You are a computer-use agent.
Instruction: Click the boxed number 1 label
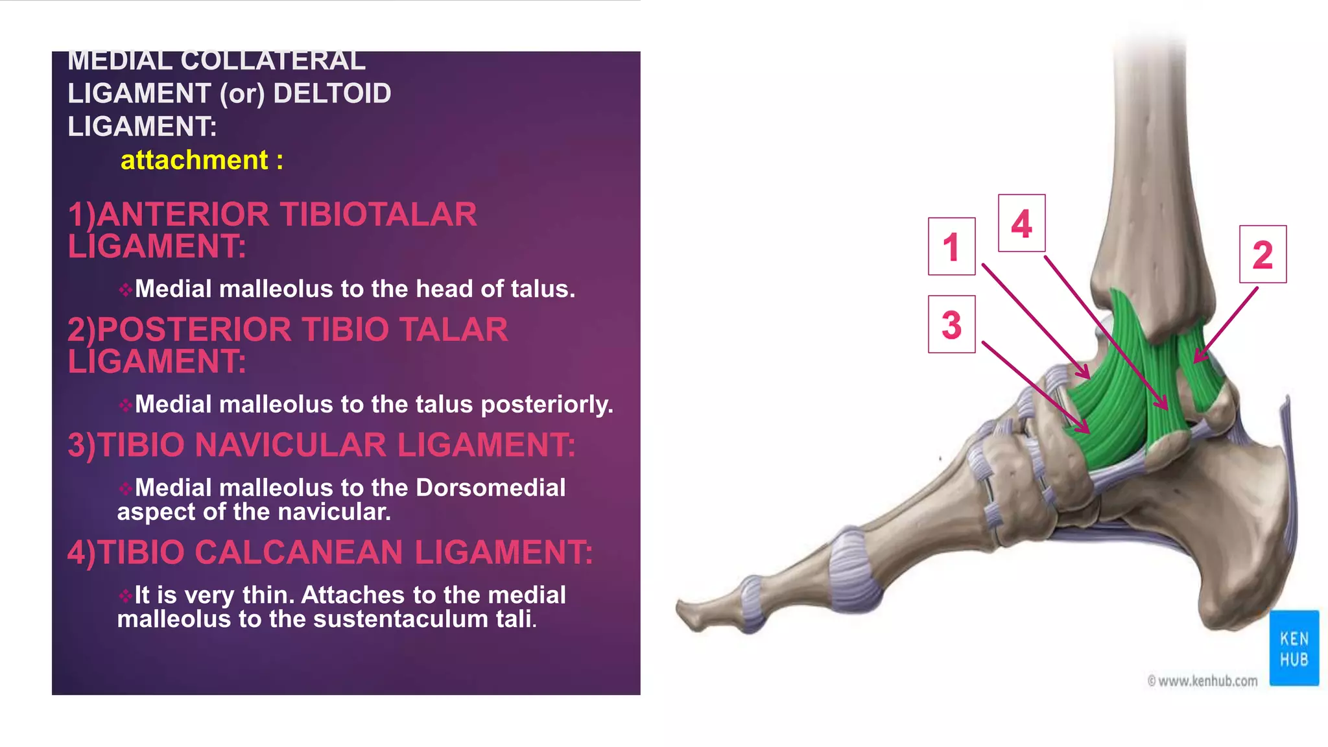coord(951,246)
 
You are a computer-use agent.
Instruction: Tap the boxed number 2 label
coord(1263,254)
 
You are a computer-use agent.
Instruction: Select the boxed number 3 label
coord(951,324)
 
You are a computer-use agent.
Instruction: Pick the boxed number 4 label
coord(1021,223)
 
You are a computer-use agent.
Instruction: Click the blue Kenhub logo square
coord(1294,648)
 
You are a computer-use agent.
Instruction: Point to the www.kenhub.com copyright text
coord(1202,681)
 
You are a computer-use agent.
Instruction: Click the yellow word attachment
coord(194,160)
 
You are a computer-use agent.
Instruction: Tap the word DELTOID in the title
coord(332,93)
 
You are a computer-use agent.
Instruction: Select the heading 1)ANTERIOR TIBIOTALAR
coord(272,215)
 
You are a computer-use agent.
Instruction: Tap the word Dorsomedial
coord(490,488)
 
